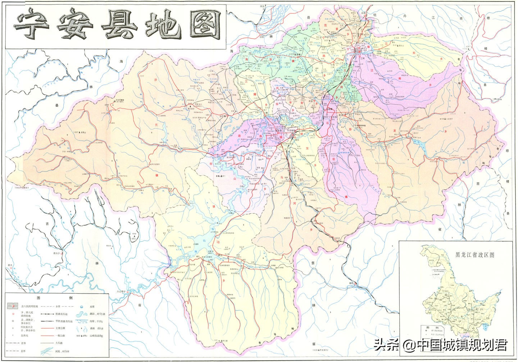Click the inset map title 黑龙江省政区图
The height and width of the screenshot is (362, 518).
[x=475, y=255]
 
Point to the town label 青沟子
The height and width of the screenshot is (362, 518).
[x=56, y=254]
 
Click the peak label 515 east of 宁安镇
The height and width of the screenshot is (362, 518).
[x=395, y=45]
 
